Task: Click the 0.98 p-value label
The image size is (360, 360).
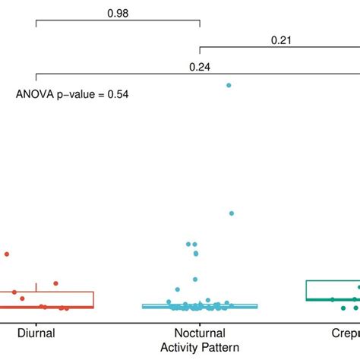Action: [117, 13]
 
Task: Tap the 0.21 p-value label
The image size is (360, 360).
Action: [281, 40]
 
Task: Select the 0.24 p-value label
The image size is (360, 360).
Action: [200, 66]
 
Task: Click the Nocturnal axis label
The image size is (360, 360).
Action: [199, 332]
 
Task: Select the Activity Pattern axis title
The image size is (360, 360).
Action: [199, 346]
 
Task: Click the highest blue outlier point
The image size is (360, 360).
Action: [228, 85]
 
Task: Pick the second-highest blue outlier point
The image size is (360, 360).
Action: [232, 213]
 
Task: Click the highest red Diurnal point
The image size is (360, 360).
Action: [7, 254]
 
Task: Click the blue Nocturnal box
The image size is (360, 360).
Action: [199, 306]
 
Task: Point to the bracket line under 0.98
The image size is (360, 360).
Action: [117, 23]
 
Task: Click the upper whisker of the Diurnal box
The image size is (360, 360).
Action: [36, 287]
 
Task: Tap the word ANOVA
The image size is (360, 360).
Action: [33, 94]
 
